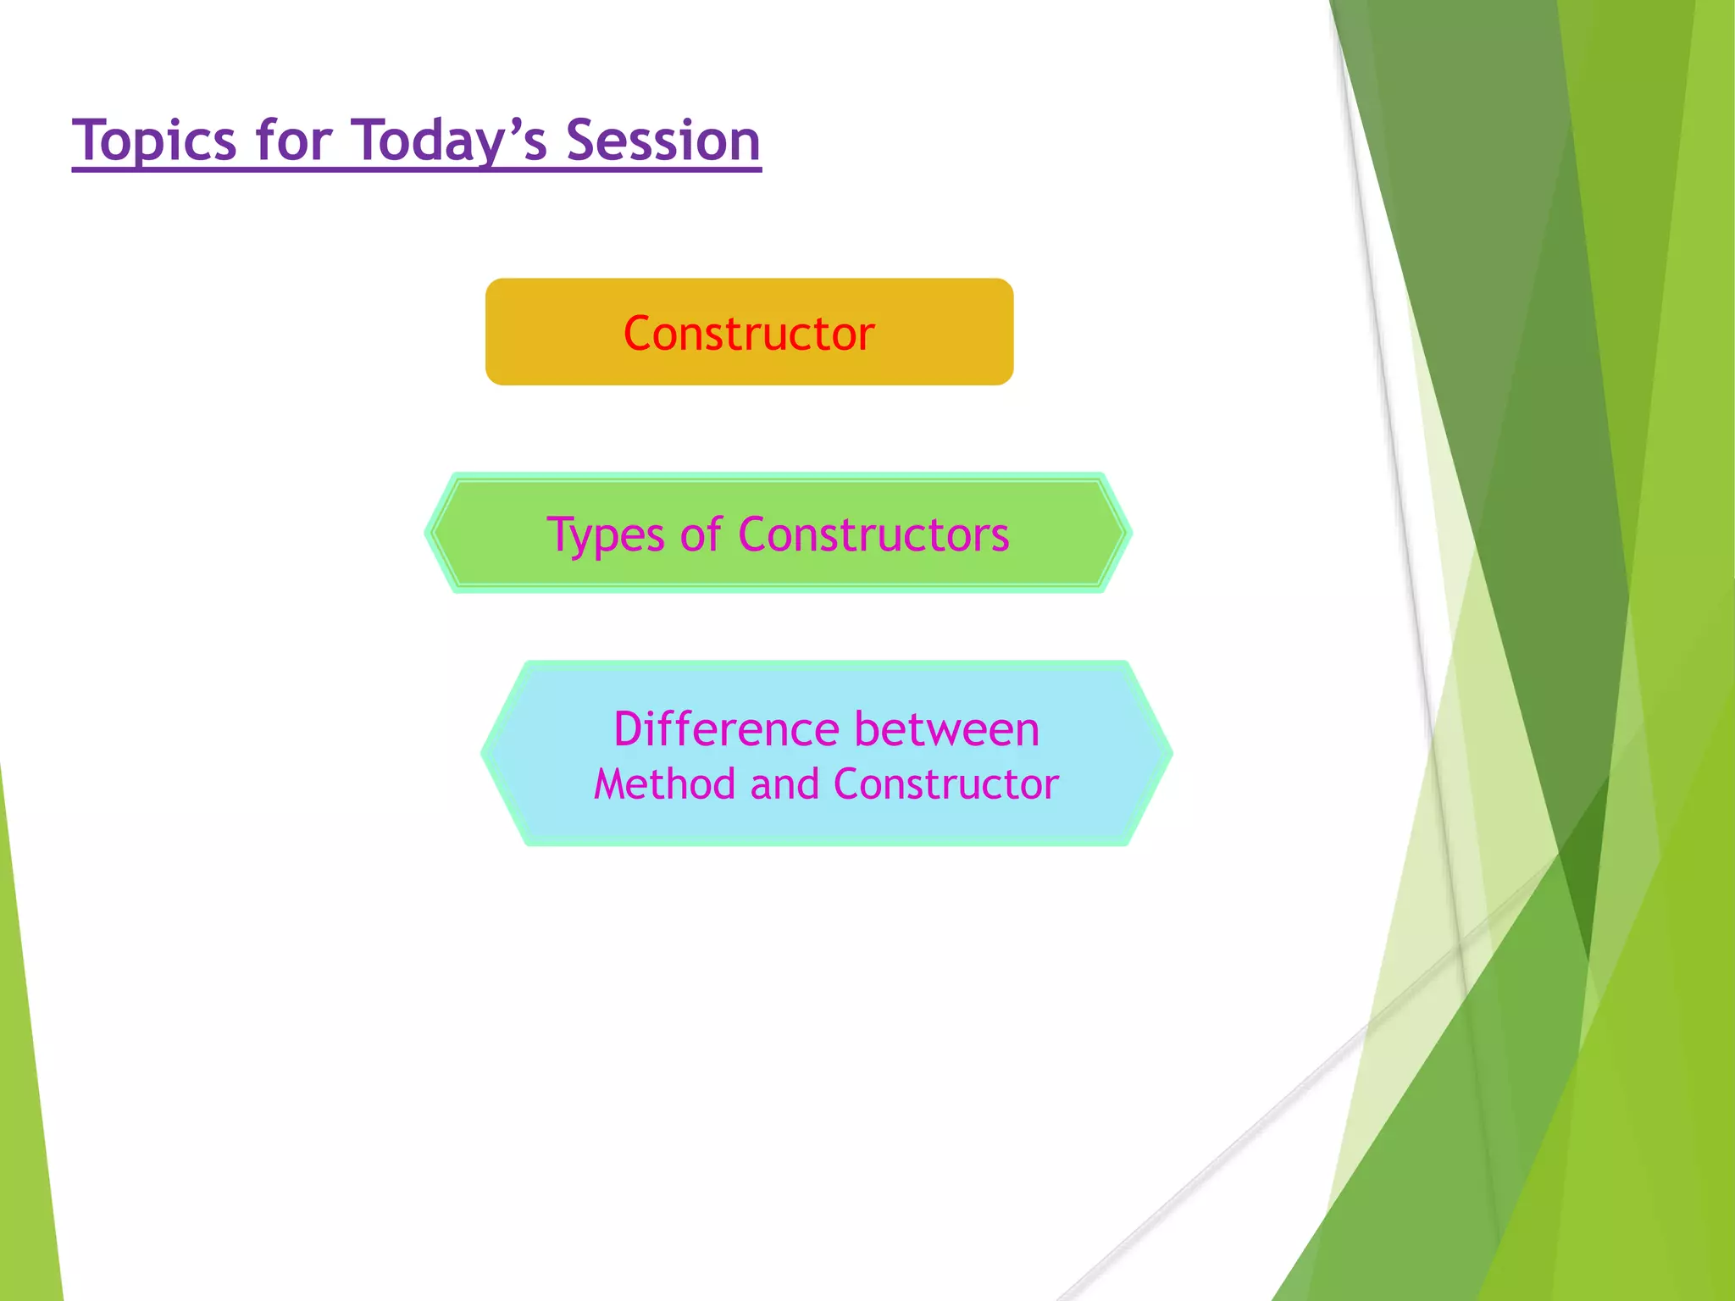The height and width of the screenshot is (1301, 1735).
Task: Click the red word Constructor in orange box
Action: coord(749,333)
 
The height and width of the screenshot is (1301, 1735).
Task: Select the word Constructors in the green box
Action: coord(873,534)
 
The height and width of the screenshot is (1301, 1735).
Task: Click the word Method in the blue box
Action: coord(664,784)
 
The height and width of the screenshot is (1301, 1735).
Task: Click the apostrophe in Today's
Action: coord(513,126)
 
